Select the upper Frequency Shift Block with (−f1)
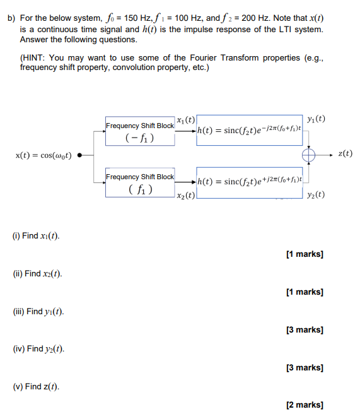(140, 131)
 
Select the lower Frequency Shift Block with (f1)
(140, 182)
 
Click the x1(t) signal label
(186, 120)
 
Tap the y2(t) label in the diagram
(315, 194)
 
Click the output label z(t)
(345, 153)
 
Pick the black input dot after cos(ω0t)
(79, 155)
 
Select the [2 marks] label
(305, 405)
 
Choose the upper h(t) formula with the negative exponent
(249, 131)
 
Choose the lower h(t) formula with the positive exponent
(249, 182)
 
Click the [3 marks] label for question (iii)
(305, 329)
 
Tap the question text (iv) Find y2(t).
(38, 349)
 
